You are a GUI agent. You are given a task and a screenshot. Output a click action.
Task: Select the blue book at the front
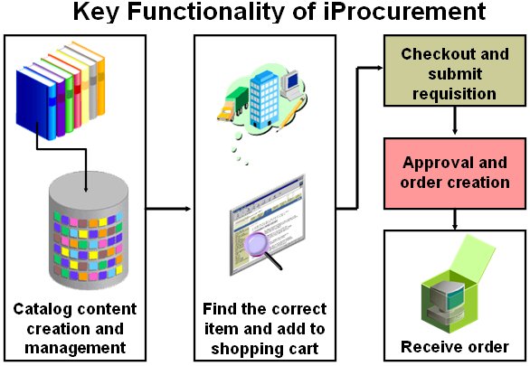[x=35, y=103]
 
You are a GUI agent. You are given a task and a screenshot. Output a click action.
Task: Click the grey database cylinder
[x=89, y=230]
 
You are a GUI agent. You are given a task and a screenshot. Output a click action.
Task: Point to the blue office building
[x=264, y=100]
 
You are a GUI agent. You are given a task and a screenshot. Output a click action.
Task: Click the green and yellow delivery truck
[x=232, y=104]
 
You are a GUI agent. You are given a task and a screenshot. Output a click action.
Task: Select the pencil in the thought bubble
[x=290, y=114]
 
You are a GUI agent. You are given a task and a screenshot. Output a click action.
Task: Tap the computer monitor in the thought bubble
[x=289, y=84]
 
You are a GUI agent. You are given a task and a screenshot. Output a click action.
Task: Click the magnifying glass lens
[x=256, y=244]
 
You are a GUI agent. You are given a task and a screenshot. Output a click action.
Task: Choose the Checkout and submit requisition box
[x=455, y=70]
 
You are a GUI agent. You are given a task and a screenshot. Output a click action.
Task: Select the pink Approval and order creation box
[x=455, y=174]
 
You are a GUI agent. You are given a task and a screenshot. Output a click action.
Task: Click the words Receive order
[x=455, y=347]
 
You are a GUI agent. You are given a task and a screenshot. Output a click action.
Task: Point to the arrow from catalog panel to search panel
[x=168, y=209]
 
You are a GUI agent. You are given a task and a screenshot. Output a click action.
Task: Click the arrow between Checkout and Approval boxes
[x=455, y=120]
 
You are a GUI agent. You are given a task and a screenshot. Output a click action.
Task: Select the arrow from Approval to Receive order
[x=455, y=220]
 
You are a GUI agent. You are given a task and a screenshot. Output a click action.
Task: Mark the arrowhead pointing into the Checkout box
[x=380, y=68]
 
